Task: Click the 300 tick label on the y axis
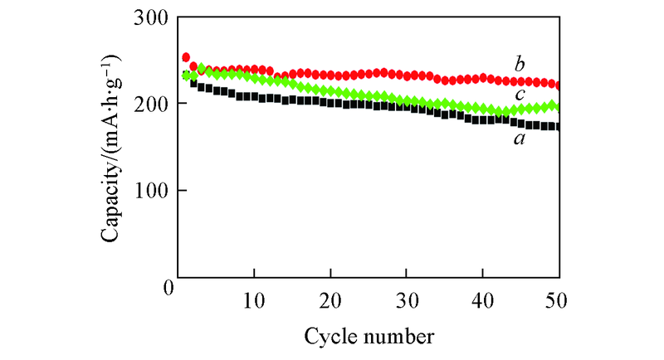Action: (x=152, y=18)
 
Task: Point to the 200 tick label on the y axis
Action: (x=152, y=105)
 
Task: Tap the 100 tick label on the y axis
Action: (x=152, y=191)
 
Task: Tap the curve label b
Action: (x=520, y=64)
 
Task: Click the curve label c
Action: (x=520, y=94)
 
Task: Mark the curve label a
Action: (x=520, y=139)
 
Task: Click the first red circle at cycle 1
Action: (x=186, y=57)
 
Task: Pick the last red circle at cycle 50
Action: (x=559, y=85)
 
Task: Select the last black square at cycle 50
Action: (x=559, y=126)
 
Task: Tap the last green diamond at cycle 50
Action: (x=559, y=106)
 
